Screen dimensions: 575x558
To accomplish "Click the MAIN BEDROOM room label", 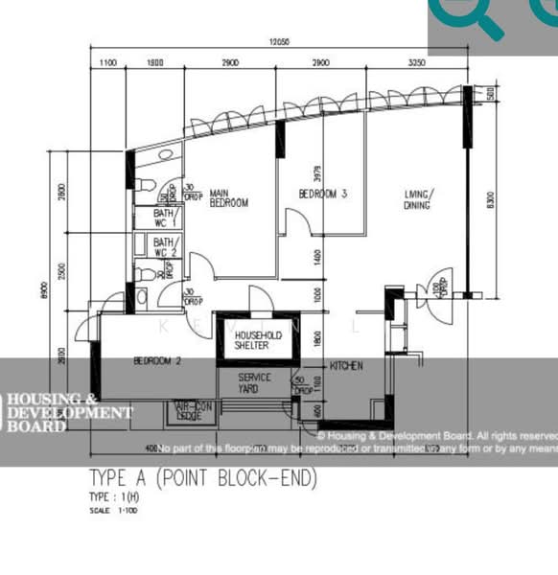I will [x=229, y=197].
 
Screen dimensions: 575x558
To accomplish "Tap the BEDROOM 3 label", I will [x=322, y=194].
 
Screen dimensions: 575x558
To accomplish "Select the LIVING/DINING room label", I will [x=418, y=198].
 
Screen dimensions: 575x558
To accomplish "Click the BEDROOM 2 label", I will [x=157, y=361].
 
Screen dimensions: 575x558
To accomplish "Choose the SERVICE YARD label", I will [x=255, y=382].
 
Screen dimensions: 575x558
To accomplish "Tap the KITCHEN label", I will [x=346, y=366].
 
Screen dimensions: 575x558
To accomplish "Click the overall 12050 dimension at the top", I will [x=279, y=42].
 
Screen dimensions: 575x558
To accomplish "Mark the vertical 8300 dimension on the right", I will [x=491, y=200].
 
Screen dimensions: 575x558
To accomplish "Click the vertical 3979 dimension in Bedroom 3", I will [x=317, y=173].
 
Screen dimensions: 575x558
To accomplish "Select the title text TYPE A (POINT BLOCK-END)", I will [x=202, y=478].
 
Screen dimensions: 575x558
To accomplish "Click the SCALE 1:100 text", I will [x=107, y=511].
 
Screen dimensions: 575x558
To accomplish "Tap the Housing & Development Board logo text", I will [x=67, y=413].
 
